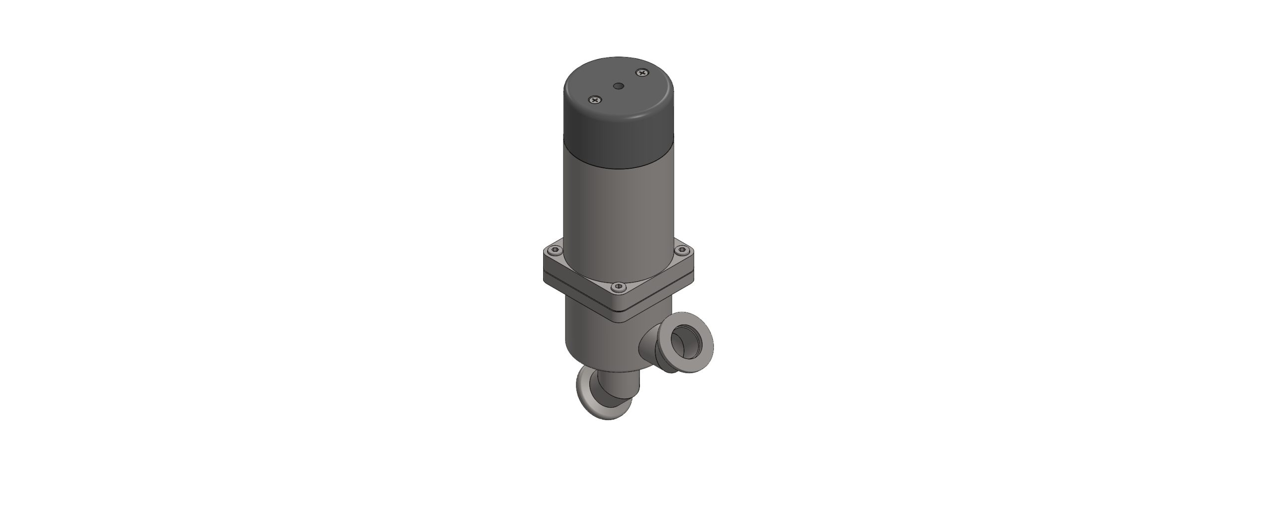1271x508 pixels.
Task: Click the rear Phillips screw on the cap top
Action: (x=642, y=73)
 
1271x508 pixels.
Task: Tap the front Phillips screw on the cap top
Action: (x=595, y=100)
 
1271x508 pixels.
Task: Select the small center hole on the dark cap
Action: (x=619, y=86)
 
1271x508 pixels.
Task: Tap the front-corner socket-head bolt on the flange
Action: (x=618, y=287)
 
